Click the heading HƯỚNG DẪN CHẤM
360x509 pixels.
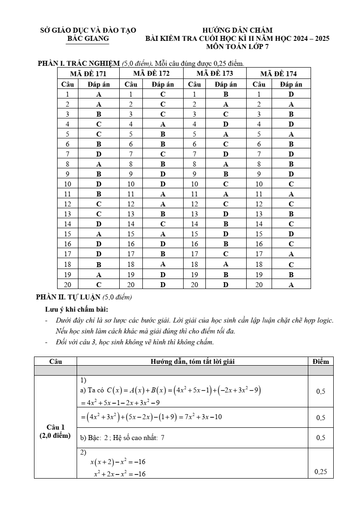[237, 30]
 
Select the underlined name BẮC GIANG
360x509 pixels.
[88, 39]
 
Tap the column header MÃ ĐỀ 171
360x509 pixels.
[88, 73]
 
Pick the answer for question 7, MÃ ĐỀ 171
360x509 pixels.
[99, 154]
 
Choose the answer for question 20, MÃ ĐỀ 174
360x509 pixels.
[291, 285]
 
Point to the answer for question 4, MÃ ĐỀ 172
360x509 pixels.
[163, 124]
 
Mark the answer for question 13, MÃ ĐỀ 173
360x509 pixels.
[226, 214]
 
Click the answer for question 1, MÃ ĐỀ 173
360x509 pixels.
[226, 94]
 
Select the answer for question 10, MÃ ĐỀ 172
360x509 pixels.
[163, 184]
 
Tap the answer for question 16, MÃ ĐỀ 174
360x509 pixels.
[291, 244]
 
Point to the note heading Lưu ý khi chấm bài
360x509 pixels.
[76, 309]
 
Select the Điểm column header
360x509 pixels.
[321, 361]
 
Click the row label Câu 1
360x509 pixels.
[55, 427]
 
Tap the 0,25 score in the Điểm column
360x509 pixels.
[321, 472]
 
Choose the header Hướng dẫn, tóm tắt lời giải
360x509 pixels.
[192, 361]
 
